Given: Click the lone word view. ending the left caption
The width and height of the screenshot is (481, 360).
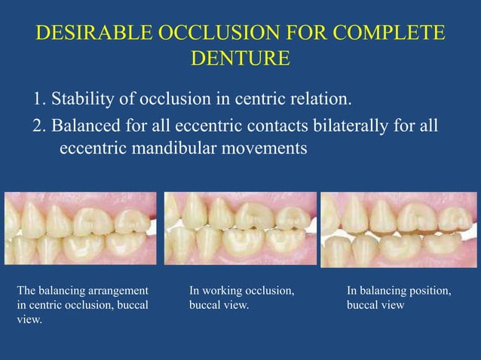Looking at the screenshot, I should [29, 319].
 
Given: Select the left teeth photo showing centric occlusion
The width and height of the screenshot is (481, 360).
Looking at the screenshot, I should [81, 227].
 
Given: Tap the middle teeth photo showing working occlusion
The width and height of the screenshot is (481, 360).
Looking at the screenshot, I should [240, 227].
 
